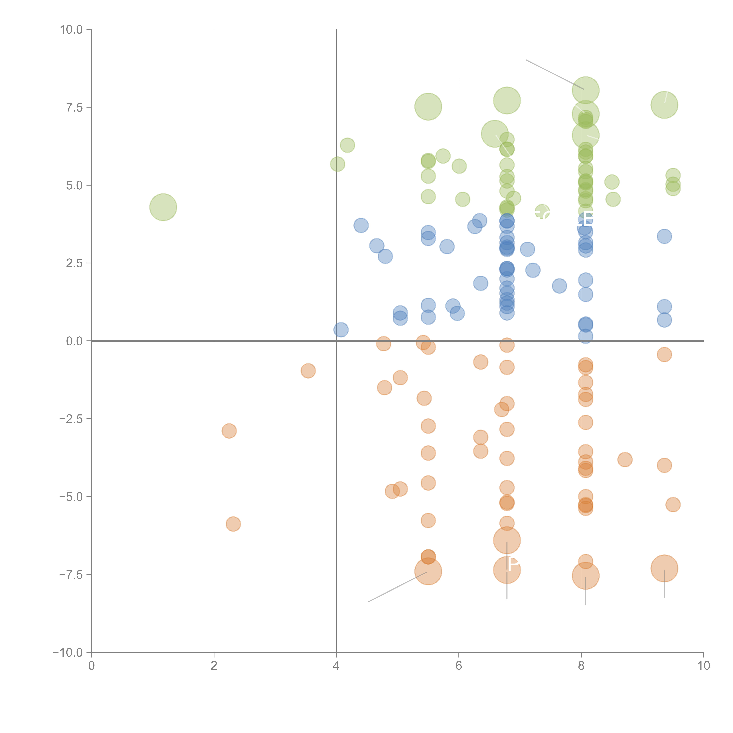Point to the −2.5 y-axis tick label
click(x=71, y=419)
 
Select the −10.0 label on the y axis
click(x=68, y=653)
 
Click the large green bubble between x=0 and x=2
click(x=163, y=207)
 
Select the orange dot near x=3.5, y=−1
click(x=308, y=371)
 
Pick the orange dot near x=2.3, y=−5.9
click(x=233, y=524)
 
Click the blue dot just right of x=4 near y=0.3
click(x=341, y=330)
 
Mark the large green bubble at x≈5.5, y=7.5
click(x=428, y=107)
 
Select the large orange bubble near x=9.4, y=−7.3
click(x=664, y=568)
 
